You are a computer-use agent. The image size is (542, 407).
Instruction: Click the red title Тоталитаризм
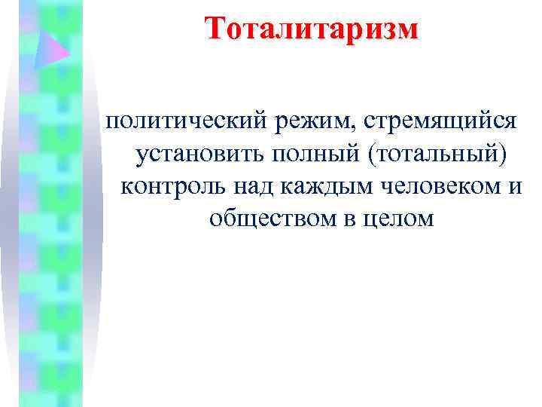tap(311, 29)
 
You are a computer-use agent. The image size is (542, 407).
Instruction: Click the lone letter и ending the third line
tap(514, 188)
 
